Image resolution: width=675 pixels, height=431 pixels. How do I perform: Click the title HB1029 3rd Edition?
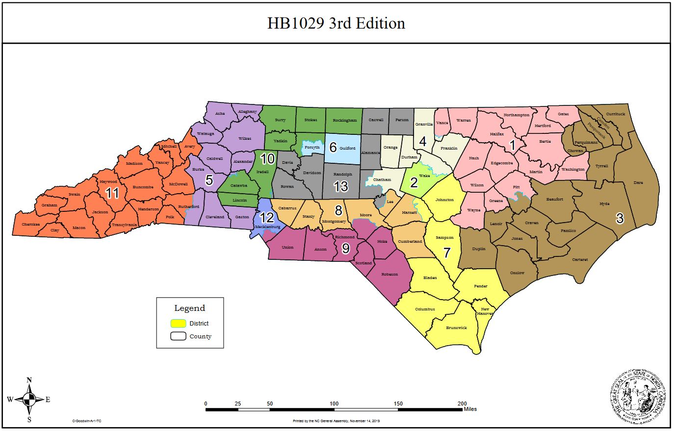(336, 23)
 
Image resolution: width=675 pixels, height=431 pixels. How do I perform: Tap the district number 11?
(112, 193)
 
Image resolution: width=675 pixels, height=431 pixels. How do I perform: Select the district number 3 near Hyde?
(620, 218)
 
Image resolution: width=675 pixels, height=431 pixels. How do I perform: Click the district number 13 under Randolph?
(340, 186)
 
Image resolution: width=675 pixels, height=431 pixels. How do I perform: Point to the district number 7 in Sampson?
(446, 253)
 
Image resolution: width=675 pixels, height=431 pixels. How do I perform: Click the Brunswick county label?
(456, 328)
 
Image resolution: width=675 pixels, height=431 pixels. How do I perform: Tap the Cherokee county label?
(30, 225)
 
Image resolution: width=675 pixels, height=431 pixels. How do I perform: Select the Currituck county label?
(616, 114)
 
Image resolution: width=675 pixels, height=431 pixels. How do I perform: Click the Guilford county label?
(347, 148)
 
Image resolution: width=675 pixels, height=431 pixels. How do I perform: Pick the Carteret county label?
(580, 259)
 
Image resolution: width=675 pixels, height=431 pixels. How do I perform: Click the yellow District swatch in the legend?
(178, 323)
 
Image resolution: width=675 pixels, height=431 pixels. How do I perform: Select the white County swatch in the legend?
(178, 336)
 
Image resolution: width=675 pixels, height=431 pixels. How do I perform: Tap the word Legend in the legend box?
(190, 308)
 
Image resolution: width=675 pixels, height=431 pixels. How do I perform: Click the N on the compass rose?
(29, 380)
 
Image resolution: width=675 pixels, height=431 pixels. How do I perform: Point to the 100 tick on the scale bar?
(334, 404)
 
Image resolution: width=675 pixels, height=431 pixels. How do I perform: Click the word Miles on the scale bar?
(469, 409)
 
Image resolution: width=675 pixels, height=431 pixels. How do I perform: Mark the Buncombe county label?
(143, 187)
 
